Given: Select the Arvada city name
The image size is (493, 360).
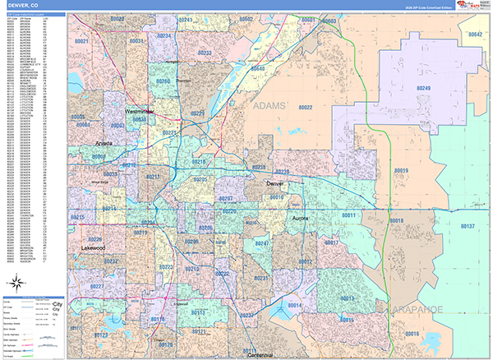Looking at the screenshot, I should tap(104, 143).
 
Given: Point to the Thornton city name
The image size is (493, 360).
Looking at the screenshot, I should tap(183, 81).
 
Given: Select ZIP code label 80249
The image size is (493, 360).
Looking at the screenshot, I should tap(423, 87).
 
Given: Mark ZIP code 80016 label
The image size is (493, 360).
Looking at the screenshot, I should tap(411, 334).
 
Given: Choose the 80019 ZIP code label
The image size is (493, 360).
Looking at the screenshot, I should tap(401, 170).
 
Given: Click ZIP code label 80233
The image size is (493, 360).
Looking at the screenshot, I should tap(205, 53).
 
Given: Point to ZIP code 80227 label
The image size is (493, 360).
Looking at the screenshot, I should tap(97, 286).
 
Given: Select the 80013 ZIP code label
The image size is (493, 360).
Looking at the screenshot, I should tap(347, 298).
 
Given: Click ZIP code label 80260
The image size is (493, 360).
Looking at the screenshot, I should tap(164, 82).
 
